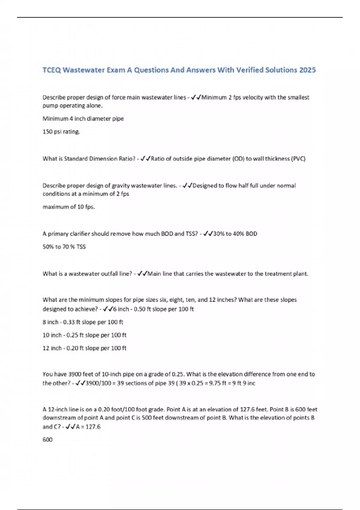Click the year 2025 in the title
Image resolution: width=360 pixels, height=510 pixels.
click(307, 70)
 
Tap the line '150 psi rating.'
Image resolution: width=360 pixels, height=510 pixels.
click(61, 132)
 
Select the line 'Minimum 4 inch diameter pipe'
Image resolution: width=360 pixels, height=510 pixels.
click(83, 118)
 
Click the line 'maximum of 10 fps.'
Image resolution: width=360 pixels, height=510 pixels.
click(69, 207)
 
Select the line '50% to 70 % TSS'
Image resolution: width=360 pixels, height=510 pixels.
click(64, 247)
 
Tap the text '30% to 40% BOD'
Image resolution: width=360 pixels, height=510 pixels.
click(235, 234)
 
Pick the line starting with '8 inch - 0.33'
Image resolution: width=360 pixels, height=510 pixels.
click(83, 322)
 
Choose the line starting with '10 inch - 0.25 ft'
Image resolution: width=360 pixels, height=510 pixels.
click(84, 335)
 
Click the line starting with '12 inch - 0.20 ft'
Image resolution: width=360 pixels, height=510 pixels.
click(84, 348)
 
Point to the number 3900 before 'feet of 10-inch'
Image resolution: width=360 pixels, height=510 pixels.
click(75, 374)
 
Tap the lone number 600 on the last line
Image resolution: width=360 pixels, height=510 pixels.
click(47, 439)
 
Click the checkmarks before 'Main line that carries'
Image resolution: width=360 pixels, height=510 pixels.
click(142, 274)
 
